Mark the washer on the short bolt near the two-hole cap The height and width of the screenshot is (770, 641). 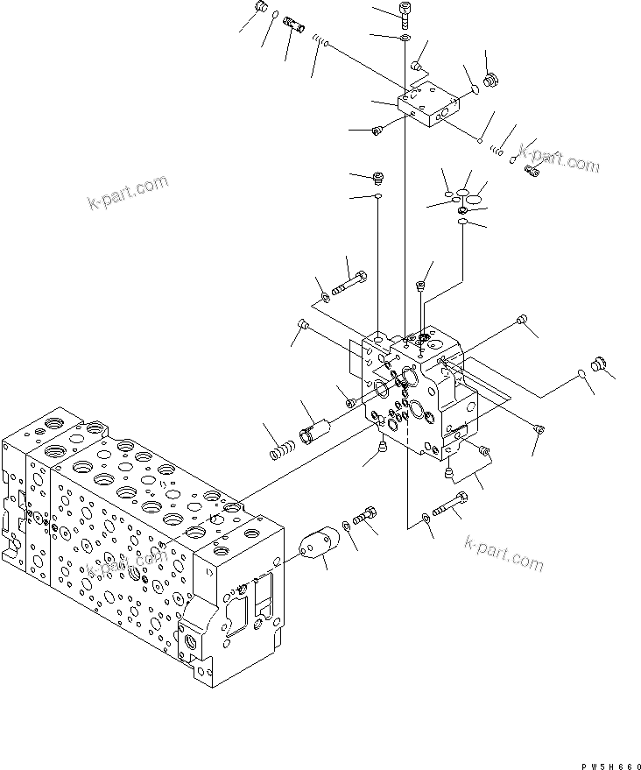click(x=348, y=525)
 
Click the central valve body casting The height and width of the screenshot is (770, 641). click(x=420, y=394)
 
